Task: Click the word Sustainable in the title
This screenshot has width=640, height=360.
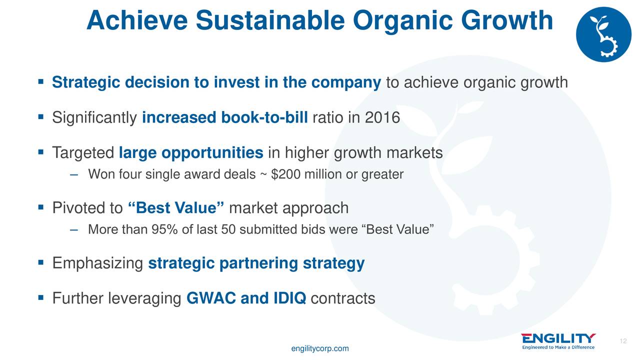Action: click(270, 20)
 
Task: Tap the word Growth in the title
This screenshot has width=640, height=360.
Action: click(507, 20)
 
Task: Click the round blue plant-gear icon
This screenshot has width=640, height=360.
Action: click(603, 34)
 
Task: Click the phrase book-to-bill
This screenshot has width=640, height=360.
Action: click(264, 117)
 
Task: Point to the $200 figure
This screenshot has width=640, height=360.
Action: click(285, 174)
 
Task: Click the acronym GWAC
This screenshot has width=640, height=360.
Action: click(211, 298)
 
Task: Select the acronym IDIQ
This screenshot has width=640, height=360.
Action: click(289, 298)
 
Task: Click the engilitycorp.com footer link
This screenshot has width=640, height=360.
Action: click(320, 348)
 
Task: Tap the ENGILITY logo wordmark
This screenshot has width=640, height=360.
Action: click(558, 338)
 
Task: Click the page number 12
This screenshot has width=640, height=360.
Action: click(623, 341)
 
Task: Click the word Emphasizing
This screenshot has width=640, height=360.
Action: click(97, 263)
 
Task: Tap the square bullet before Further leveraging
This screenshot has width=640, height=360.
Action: click(41, 297)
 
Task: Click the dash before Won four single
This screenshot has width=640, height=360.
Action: click(73, 175)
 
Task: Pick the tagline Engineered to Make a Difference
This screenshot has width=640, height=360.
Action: click(558, 347)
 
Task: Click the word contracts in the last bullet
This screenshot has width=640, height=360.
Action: click(343, 298)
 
